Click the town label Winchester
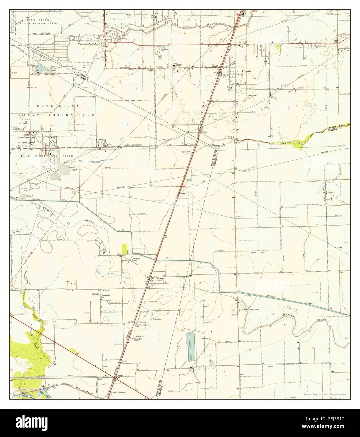pos(85,44)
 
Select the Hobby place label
pos(26,135)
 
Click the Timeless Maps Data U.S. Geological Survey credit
pos(326,394)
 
